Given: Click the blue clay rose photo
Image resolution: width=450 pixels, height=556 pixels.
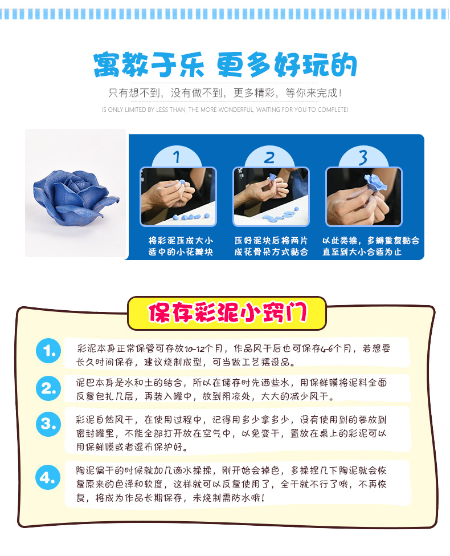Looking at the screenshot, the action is pos(75,193).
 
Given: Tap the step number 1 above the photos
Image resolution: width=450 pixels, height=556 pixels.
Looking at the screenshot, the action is pos(177,157).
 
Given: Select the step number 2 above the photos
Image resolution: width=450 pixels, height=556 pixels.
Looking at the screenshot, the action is pos(269,157).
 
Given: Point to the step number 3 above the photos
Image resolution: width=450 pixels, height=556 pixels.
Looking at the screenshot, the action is pos(363,157).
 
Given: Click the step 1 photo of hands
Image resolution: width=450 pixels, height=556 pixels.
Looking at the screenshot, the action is pos(178,196).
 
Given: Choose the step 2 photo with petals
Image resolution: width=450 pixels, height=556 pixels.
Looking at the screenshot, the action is pos(271,196).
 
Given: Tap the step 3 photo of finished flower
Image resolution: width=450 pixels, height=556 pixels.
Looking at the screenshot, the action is pos(364,196).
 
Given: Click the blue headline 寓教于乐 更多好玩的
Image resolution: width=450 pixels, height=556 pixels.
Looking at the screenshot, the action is pos(225,65).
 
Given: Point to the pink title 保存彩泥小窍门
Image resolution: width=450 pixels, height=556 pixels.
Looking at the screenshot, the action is pos(227,313).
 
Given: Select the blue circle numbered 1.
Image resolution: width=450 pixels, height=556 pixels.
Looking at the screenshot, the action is pos(48,351).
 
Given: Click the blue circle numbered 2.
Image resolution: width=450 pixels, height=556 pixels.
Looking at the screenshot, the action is pos(48,388).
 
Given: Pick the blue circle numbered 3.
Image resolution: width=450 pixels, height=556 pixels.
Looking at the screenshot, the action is pos(48,424).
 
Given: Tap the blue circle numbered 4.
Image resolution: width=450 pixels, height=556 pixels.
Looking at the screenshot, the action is pos(48,477).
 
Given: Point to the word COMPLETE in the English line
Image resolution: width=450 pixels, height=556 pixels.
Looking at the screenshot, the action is pos(333,109).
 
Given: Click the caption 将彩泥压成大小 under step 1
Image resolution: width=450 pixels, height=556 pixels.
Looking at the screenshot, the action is pos(181,241).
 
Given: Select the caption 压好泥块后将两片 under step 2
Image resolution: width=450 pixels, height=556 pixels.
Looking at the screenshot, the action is pos(271,241).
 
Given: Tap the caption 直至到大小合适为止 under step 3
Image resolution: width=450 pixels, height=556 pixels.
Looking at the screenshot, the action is pos(362,251).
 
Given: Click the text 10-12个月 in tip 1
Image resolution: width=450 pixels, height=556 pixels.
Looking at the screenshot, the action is pos(203,348).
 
